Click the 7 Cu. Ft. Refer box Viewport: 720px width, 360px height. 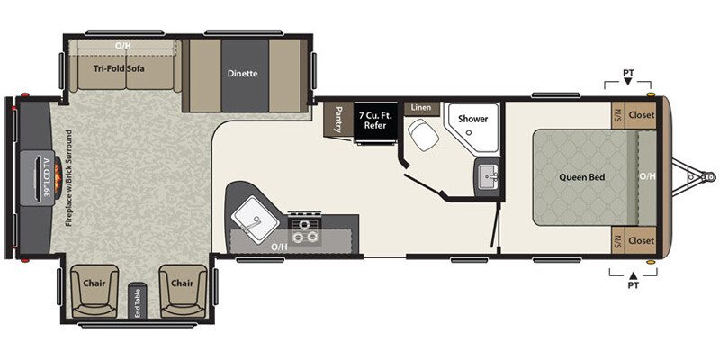coord(374,120)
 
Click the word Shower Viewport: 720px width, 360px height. coord(472,119)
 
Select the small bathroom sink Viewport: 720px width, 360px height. coord(489,174)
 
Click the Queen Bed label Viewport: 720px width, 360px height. coord(580,177)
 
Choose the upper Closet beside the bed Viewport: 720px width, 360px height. coord(640,115)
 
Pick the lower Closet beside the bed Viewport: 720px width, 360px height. coord(640,240)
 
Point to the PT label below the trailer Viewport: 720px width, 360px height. coord(633,287)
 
